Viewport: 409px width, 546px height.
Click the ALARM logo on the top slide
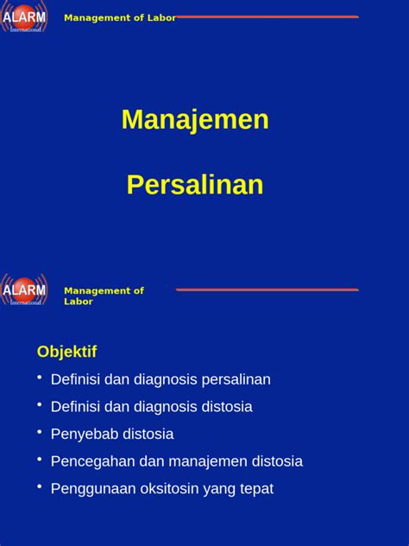click(24, 16)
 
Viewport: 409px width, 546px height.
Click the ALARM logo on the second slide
click(24, 289)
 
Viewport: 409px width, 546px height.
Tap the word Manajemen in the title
click(195, 120)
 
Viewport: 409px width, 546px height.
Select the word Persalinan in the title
click(195, 185)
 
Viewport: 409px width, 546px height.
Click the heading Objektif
click(66, 352)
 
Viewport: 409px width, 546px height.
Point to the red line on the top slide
click(267, 16)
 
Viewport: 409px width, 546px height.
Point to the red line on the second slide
click(267, 289)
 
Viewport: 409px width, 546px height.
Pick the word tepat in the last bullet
click(255, 488)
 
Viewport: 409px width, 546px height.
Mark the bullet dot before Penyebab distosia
click(40, 431)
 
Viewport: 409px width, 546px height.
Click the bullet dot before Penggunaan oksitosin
click(40, 486)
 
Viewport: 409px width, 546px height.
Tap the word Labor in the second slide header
click(79, 302)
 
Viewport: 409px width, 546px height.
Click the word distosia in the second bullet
click(223, 406)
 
